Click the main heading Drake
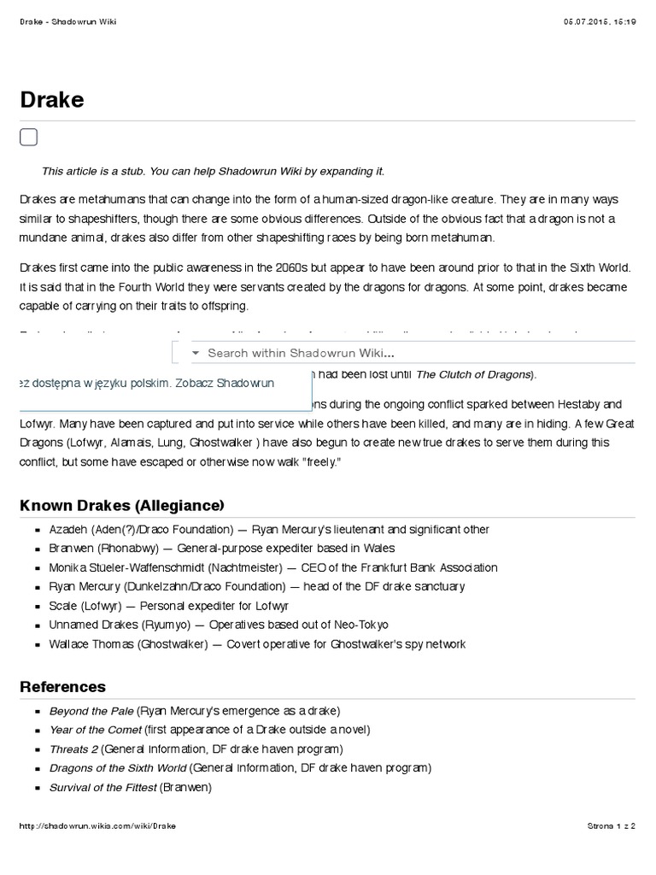coord(51,101)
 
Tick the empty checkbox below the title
coord(28,138)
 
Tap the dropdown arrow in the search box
coord(195,353)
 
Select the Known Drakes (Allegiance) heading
coord(121,505)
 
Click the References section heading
coord(62,686)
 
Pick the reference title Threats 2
coord(73,749)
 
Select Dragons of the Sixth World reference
coord(118,768)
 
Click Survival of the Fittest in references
coord(102,786)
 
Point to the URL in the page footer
coord(97,826)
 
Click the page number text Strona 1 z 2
coord(612,826)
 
